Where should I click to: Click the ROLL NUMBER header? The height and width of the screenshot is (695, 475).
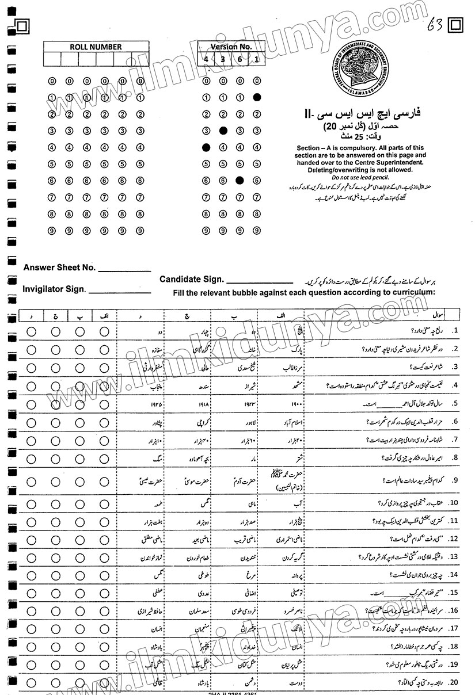[x=96, y=47]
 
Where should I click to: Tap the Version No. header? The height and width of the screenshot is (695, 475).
[x=231, y=46]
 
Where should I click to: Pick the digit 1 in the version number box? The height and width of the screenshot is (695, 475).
[x=256, y=59]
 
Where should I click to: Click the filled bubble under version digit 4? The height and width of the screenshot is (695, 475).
[x=206, y=147]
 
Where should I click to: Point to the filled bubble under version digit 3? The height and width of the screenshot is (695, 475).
[x=223, y=131]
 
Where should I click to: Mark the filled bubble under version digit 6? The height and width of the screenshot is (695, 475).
[x=240, y=181]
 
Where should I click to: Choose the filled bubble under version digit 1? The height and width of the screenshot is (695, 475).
[x=257, y=97]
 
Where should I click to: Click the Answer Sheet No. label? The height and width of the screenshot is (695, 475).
[x=59, y=268]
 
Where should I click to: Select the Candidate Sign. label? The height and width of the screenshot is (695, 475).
[x=192, y=279]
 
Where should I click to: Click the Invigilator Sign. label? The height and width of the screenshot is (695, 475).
[x=54, y=289]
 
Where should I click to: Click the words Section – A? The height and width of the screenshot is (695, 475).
[x=316, y=148]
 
